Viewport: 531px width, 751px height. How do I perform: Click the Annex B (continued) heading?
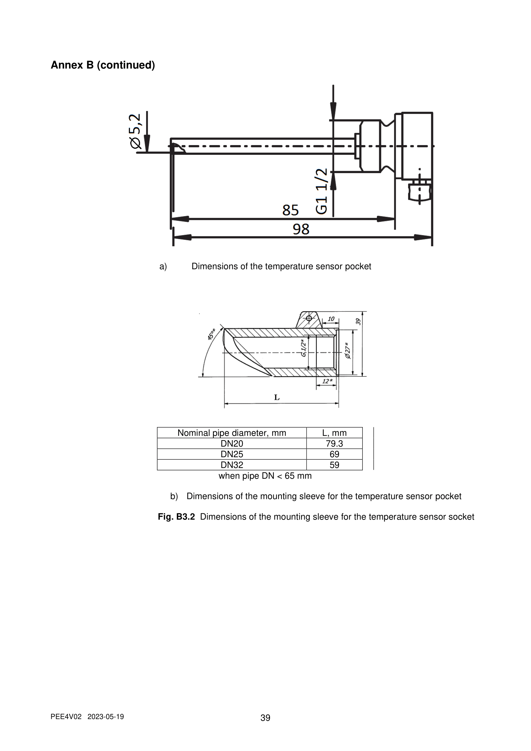(x=103, y=65)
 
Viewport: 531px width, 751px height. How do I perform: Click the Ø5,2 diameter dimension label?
(x=135, y=131)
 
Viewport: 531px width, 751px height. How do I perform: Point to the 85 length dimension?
(x=290, y=210)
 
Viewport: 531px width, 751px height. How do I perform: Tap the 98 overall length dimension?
(x=301, y=229)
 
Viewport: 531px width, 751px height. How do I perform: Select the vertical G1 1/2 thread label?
(x=321, y=191)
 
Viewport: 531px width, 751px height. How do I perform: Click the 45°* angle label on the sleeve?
(x=212, y=334)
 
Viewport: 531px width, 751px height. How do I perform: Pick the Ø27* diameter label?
(x=348, y=350)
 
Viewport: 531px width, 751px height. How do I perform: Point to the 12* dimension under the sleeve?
(x=327, y=381)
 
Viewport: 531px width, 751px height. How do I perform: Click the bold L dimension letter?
(x=277, y=397)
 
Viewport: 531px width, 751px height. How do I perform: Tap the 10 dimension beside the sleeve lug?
(x=331, y=319)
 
